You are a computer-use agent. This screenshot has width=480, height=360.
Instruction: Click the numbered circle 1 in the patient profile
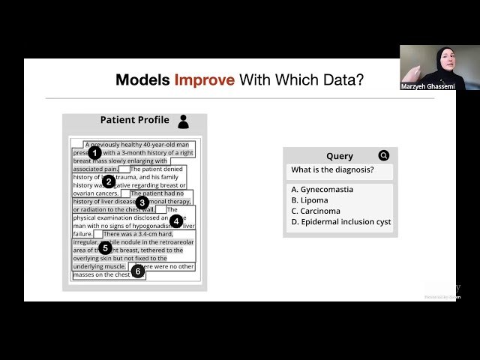[94, 153]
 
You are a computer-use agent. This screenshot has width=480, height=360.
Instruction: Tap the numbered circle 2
[108, 181]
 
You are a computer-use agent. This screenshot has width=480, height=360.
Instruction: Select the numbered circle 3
[142, 202]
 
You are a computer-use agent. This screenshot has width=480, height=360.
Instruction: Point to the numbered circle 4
[176, 221]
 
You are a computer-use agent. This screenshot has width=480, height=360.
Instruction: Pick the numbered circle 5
[105, 247]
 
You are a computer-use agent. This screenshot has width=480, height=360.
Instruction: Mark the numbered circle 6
[137, 271]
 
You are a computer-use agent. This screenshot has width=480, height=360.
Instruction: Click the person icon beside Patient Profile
[183, 121]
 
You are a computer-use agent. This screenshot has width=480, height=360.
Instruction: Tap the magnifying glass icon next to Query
[384, 156]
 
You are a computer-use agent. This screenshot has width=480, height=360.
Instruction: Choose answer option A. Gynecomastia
[322, 190]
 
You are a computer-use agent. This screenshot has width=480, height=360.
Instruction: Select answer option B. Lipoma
[310, 200]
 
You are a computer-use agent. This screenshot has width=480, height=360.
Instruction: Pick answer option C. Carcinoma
[316, 211]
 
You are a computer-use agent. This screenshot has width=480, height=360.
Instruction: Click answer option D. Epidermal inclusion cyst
[340, 222]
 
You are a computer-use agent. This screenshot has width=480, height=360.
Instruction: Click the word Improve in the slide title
[205, 80]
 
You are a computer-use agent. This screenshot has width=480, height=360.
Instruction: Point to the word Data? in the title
[341, 80]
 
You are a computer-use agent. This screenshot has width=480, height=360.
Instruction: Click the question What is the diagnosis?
[331, 169]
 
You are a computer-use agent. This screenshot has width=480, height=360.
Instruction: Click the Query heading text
[339, 156]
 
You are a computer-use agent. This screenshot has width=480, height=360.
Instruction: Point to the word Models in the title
[143, 80]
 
